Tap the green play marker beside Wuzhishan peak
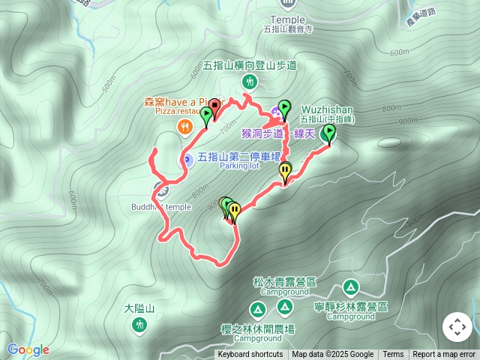pos(328,133)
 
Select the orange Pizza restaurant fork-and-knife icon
pos(183,127)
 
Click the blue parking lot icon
pos(185,159)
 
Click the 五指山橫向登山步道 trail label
pos(250,65)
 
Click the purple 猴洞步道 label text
pos(262,133)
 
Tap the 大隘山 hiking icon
pos(139,324)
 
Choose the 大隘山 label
pos(139,308)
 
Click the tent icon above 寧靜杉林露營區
pos(350,287)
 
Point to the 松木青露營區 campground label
pos(284,282)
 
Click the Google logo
pos(28,349)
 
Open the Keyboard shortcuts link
pos(250,355)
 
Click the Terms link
pos(393,355)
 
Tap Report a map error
pos(444,355)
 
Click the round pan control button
pos(457,327)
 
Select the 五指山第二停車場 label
pos(239,157)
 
